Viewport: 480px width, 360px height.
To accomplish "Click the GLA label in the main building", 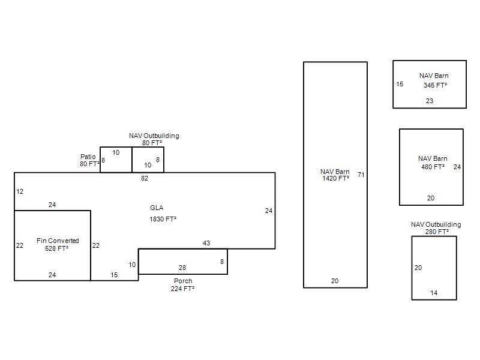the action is coord(157,208).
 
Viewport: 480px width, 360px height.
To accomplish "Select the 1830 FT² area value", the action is coord(163,219).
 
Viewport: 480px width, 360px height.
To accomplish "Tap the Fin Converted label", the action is coord(58,241).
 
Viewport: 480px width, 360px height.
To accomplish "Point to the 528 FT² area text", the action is coord(56,248).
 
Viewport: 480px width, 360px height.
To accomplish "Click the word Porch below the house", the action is coord(183,281).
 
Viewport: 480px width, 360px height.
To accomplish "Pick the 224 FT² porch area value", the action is coord(183,289).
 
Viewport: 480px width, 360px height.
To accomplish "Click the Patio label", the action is coord(88,157).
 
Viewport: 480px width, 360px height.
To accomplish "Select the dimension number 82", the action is coord(145,178).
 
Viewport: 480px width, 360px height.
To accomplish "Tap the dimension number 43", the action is coord(206,243).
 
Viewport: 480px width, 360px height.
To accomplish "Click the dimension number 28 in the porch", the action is coord(182,268).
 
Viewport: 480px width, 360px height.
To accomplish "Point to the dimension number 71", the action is coord(361,175).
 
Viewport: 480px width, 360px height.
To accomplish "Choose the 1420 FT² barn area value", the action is coord(336,178).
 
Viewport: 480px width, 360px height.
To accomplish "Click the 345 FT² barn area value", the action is coord(436,85).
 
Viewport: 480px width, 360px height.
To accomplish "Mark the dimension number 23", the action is coord(430,101).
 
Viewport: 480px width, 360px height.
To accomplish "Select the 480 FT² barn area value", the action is coord(433,167).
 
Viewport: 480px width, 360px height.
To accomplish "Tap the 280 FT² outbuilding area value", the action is coord(437,232).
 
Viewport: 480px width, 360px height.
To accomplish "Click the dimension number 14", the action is coord(434,293).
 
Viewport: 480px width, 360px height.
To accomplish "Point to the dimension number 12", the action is coord(20,191).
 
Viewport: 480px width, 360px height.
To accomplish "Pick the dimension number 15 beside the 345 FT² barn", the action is coord(400,84).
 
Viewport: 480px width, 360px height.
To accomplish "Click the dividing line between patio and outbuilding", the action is coord(132,160).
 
